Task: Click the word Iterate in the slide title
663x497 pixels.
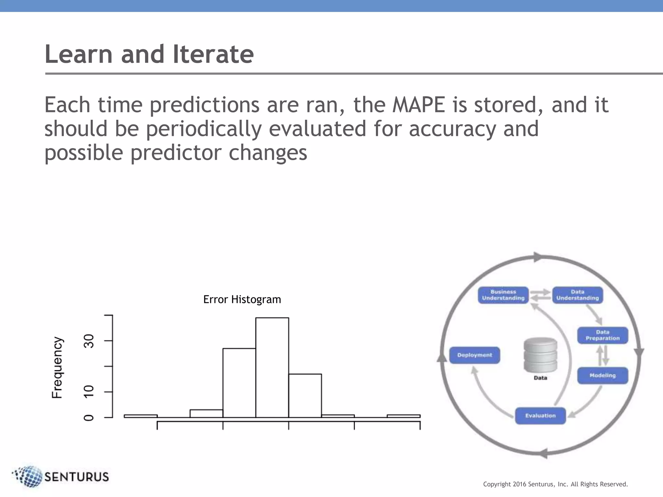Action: [x=213, y=54]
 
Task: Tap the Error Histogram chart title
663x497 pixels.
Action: [x=242, y=299]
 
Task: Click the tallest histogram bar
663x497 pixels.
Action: [x=272, y=367]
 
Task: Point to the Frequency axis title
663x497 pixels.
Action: [x=57, y=367]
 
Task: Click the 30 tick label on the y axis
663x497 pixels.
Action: [x=89, y=341]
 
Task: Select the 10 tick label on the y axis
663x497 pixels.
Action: [x=89, y=392]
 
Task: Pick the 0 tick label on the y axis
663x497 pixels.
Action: [x=89, y=418]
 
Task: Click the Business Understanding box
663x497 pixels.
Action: [x=503, y=295]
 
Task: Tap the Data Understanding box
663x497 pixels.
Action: [x=578, y=295]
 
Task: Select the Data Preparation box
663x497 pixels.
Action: [x=602, y=335]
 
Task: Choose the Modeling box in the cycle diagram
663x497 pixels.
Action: [x=602, y=375]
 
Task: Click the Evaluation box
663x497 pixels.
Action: [x=540, y=416]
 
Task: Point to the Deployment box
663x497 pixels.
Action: [x=475, y=355]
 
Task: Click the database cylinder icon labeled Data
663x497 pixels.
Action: [x=540, y=355]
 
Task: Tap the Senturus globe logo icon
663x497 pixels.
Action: [x=28, y=476]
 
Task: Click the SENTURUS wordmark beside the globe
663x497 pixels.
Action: [x=76, y=477]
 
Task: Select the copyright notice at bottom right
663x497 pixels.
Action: [x=555, y=484]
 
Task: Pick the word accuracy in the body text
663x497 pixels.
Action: [x=452, y=129]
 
